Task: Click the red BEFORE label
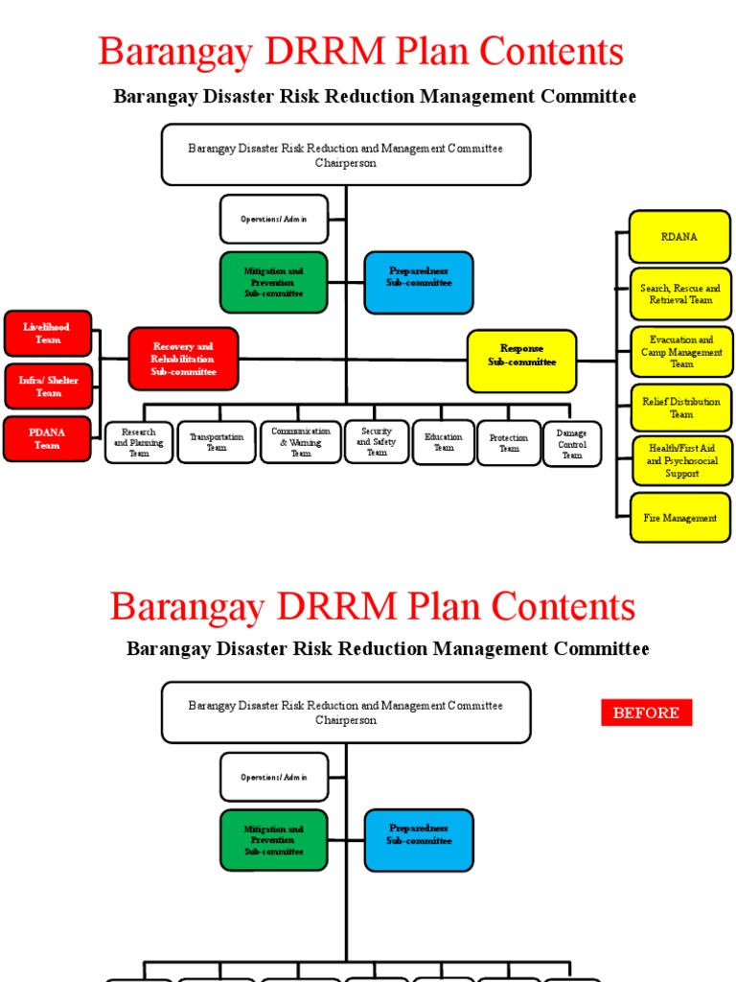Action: click(x=646, y=713)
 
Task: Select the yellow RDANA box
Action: click(x=679, y=237)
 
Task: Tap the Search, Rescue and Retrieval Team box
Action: click(x=680, y=294)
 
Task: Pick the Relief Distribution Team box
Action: click(x=680, y=409)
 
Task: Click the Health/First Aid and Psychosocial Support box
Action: click(x=680, y=461)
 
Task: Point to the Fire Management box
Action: click(x=679, y=518)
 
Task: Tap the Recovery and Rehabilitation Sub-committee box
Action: click(x=183, y=359)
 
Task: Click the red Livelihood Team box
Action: click(x=47, y=334)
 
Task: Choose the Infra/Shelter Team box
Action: click(x=48, y=386)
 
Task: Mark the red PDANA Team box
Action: click(x=47, y=438)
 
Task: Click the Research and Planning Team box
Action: click(x=139, y=443)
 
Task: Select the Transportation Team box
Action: click(x=217, y=442)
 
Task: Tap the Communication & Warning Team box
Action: click(x=300, y=442)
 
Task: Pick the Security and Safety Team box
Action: click(x=377, y=442)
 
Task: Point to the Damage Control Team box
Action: click(x=572, y=444)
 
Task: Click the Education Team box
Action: click(x=443, y=442)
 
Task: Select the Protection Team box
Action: click(x=508, y=443)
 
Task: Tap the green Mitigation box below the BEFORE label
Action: click(x=273, y=840)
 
